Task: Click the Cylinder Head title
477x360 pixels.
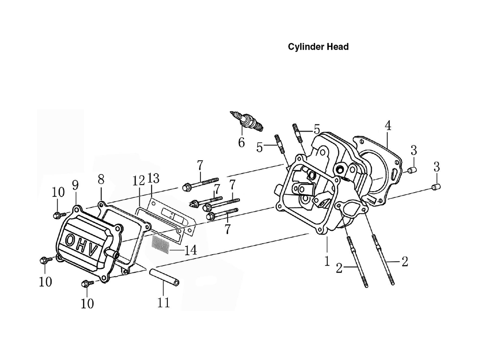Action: (x=318, y=47)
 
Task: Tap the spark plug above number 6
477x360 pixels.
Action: (x=247, y=121)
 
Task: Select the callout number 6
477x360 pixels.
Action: (x=241, y=142)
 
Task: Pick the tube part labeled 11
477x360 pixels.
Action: (x=164, y=277)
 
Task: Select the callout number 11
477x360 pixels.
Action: (x=163, y=303)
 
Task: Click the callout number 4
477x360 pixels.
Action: (x=388, y=125)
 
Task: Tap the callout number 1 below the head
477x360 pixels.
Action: (x=327, y=261)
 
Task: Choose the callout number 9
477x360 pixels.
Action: (x=75, y=185)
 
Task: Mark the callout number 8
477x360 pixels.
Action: (x=101, y=179)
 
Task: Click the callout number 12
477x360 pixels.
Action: (x=139, y=181)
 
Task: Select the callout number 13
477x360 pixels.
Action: (x=153, y=178)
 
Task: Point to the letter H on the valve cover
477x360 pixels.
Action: (x=82, y=246)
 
